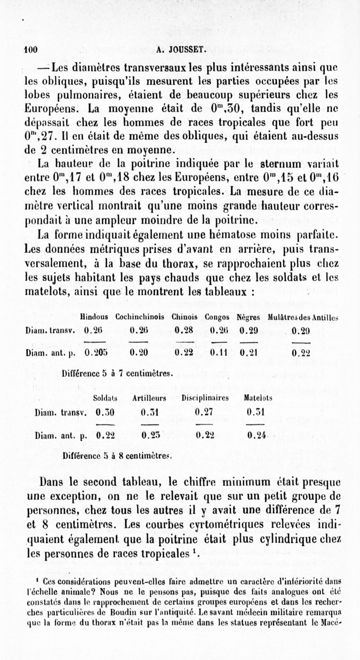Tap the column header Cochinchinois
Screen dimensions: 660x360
pyautogui.click(x=139, y=317)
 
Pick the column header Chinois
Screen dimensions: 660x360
pyautogui.click(x=182, y=317)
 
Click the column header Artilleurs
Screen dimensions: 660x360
pyautogui.click(x=148, y=398)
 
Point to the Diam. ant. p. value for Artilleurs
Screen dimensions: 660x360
pyautogui.click(x=148, y=435)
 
